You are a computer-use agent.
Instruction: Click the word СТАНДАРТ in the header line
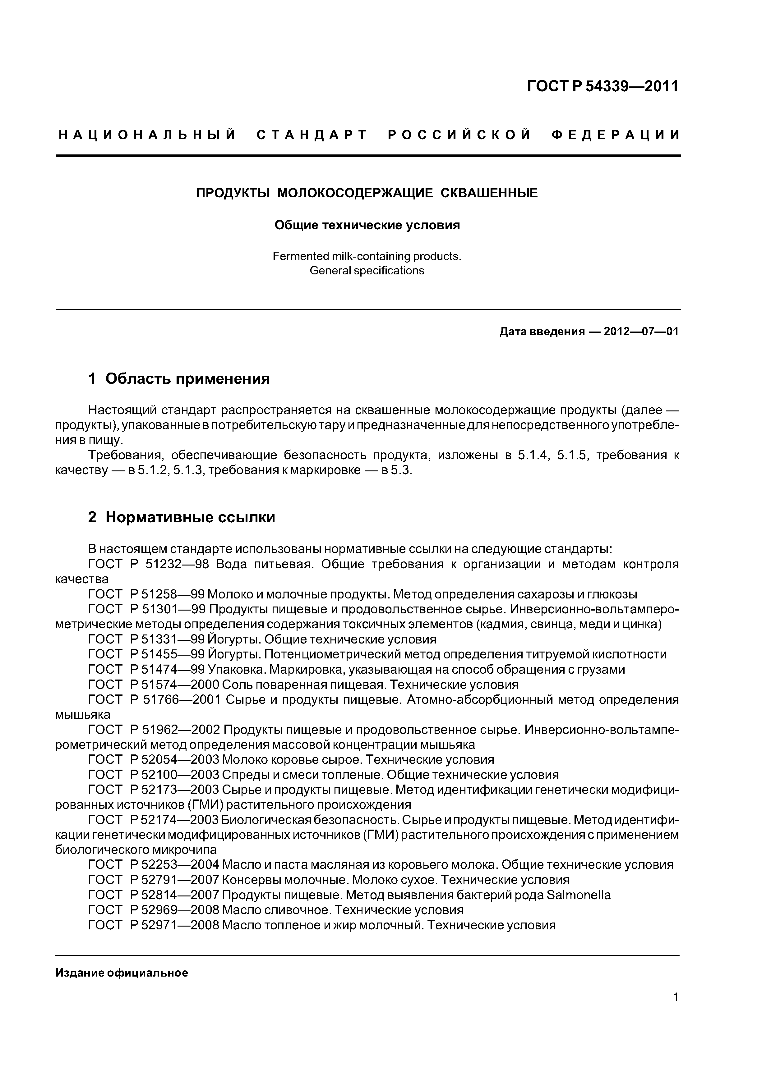312,135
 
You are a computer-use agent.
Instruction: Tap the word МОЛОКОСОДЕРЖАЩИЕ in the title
355,193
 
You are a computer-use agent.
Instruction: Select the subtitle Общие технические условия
367,225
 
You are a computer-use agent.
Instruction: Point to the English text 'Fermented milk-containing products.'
367,256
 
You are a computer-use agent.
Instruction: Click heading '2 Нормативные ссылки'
182,517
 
